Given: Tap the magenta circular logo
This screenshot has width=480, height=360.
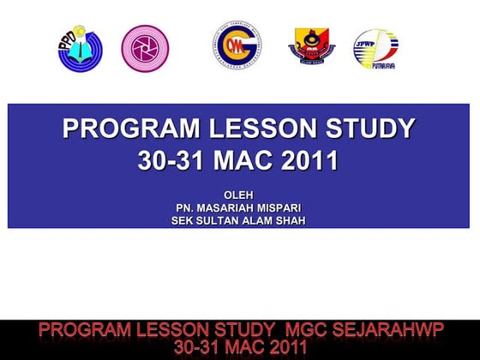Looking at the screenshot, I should pos(145,47).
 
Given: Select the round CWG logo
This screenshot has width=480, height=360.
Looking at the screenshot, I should pos(237,44).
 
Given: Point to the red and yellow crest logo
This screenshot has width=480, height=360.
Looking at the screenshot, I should pos(311,46).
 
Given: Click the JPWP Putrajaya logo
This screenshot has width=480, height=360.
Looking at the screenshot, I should pos(377,49).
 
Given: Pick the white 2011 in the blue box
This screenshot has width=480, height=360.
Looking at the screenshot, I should pos(303,160).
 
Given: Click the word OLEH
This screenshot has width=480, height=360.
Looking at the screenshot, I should pos(238,194).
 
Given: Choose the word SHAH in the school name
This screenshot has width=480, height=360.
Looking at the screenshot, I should pos(290,220).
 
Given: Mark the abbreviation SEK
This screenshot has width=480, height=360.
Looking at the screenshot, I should pos(184,220).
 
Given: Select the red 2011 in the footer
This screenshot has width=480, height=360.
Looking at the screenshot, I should pos(276,347).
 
